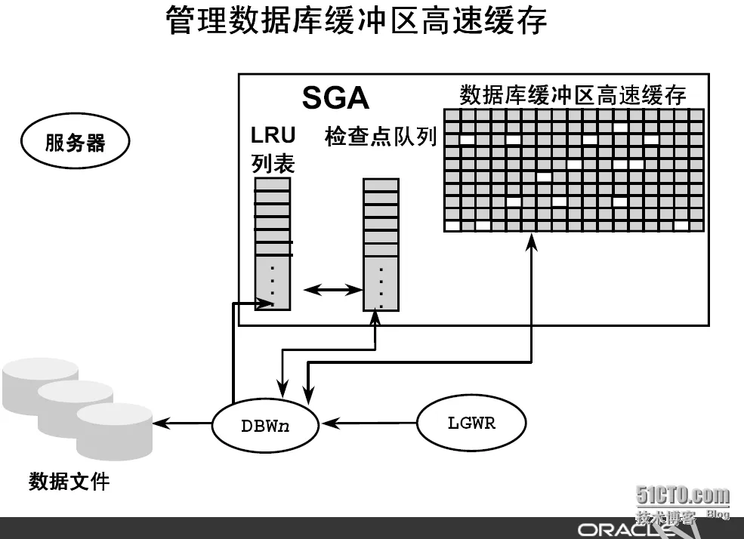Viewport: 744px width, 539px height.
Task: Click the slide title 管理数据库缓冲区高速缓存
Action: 357,21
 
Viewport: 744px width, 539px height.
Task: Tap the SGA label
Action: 335,98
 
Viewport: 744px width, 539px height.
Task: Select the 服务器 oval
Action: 75,141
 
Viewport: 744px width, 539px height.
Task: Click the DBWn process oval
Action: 265,425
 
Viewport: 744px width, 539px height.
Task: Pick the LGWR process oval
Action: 471,423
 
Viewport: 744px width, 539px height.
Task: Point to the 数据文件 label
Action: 69,482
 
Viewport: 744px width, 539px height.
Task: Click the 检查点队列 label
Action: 381,137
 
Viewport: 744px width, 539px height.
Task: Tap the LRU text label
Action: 273,135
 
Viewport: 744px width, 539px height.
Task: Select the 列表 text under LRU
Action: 273,164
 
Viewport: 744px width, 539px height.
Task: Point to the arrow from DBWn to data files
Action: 182,423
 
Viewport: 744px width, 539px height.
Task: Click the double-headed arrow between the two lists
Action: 332,289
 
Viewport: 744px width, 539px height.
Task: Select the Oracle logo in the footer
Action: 625,529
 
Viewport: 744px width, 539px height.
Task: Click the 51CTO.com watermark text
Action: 682,495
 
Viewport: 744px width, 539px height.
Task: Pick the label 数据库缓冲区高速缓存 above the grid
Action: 573,95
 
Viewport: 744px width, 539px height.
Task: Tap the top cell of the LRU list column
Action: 273,184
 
